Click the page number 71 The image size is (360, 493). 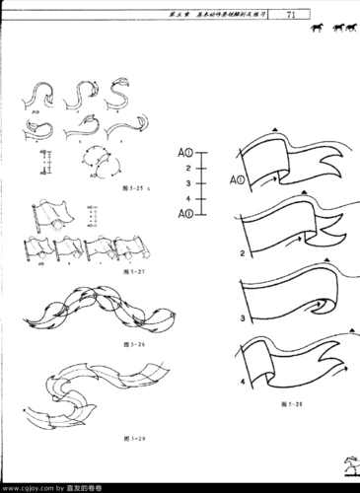[x=291, y=15]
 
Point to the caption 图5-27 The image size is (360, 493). [x=119, y=270]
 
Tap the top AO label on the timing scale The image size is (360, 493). [x=183, y=154]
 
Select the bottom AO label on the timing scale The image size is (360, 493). [x=183, y=213]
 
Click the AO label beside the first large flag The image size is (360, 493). [x=238, y=181]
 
